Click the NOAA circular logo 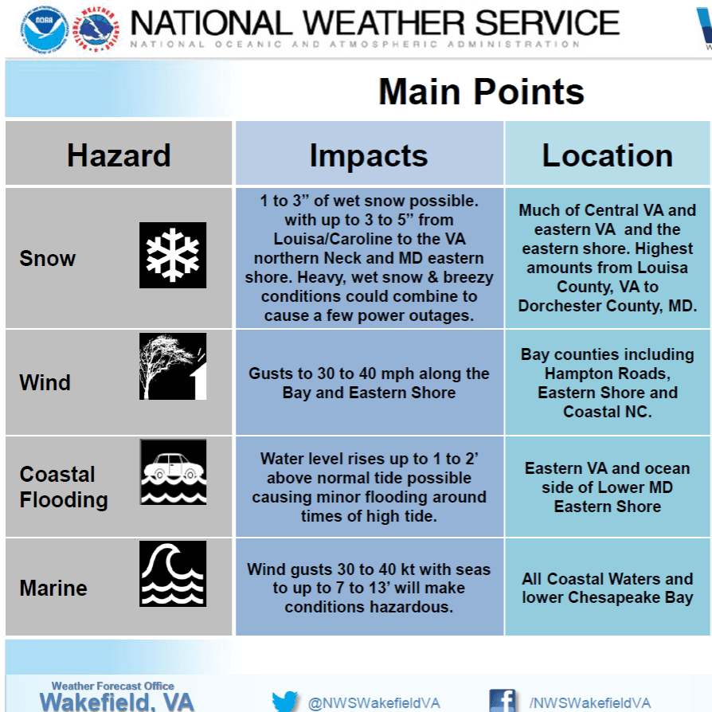tap(45, 29)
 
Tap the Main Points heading tap(481, 92)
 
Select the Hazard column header tap(119, 155)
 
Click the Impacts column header tap(369, 156)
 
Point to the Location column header tap(608, 155)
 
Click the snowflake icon tap(173, 255)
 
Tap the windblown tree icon tap(173, 366)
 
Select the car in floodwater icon tap(173, 472)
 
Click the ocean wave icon tap(173, 574)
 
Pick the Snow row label tap(48, 258)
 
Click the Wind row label tap(45, 382)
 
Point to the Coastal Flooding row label tap(64, 487)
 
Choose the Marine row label tap(53, 588)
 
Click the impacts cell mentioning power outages tap(370, 258)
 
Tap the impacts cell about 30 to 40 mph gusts tap(370, 383)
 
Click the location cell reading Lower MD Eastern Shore tap(608, 487)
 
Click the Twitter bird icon tap(284, 702)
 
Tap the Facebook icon tap(503, 701)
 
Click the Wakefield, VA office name tap(117, 702)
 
